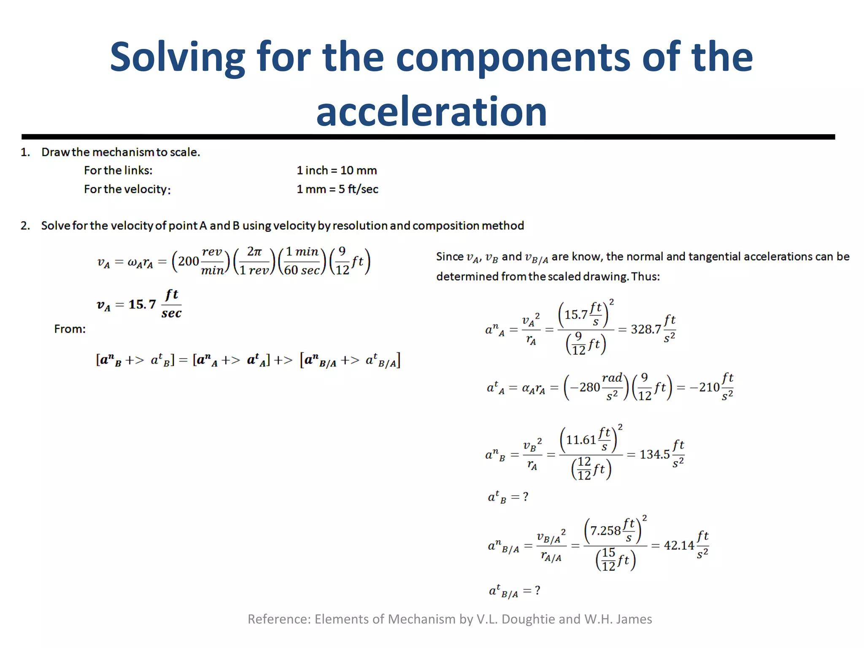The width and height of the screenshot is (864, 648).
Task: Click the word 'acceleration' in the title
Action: click(x=431, y=111)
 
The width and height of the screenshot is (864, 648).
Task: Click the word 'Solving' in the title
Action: click(x=177, y=57)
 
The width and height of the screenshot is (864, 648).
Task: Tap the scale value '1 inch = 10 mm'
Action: click(x=336, y=170)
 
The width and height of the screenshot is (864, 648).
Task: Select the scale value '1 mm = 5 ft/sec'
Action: click(x=337, y=189)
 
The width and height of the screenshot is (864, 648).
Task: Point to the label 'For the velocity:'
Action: click(x=127, y=189)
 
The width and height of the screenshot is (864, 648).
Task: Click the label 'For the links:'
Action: click(x=118, y=170)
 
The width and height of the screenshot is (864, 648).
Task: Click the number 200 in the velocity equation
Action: click(x=188, y=262)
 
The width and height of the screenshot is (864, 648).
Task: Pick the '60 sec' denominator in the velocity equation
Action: click(x=302, y=270)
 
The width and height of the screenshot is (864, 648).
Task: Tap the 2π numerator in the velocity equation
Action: click(x=254, y=252)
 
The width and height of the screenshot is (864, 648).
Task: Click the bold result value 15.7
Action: click(x=142, y=304)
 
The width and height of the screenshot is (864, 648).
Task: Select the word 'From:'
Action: click(x=70, y=329)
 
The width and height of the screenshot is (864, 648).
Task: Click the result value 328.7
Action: click(x=645, y=329)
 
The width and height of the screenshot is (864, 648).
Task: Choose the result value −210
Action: click(x=704, y=387)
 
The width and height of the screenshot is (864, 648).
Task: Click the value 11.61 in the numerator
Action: click(x=581, y=440)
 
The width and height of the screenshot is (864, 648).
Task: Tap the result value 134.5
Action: click(x=654, y=454)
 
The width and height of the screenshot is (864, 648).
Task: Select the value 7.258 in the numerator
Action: click(x=605, y=531)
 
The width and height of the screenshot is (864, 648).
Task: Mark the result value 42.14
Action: click(x=679, y=545)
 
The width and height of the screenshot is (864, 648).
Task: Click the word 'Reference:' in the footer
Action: click(x=279, y=619)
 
